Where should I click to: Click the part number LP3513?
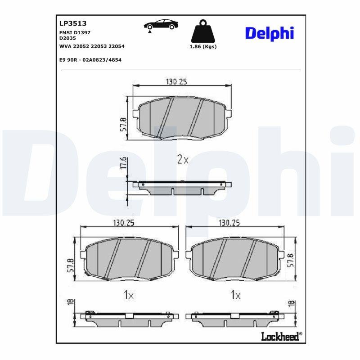pyautogui.click(x=73, y=23)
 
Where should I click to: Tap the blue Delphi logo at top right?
pyautogui.click(x=270, y=33)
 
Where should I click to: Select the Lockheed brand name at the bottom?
pyautogui.click(x=280, y=336)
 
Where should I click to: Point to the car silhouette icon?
pyautogui.click(x=161, y=25)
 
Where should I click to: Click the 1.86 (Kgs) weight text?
pyautogui.click(x=203, y=47)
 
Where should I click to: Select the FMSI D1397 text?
pyautogui.click(x=75, y=32)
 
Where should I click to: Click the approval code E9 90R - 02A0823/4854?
pyautogui.click(x=90, y=60)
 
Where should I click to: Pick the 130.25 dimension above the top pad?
pyautogui.click(x=176, y=81)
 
